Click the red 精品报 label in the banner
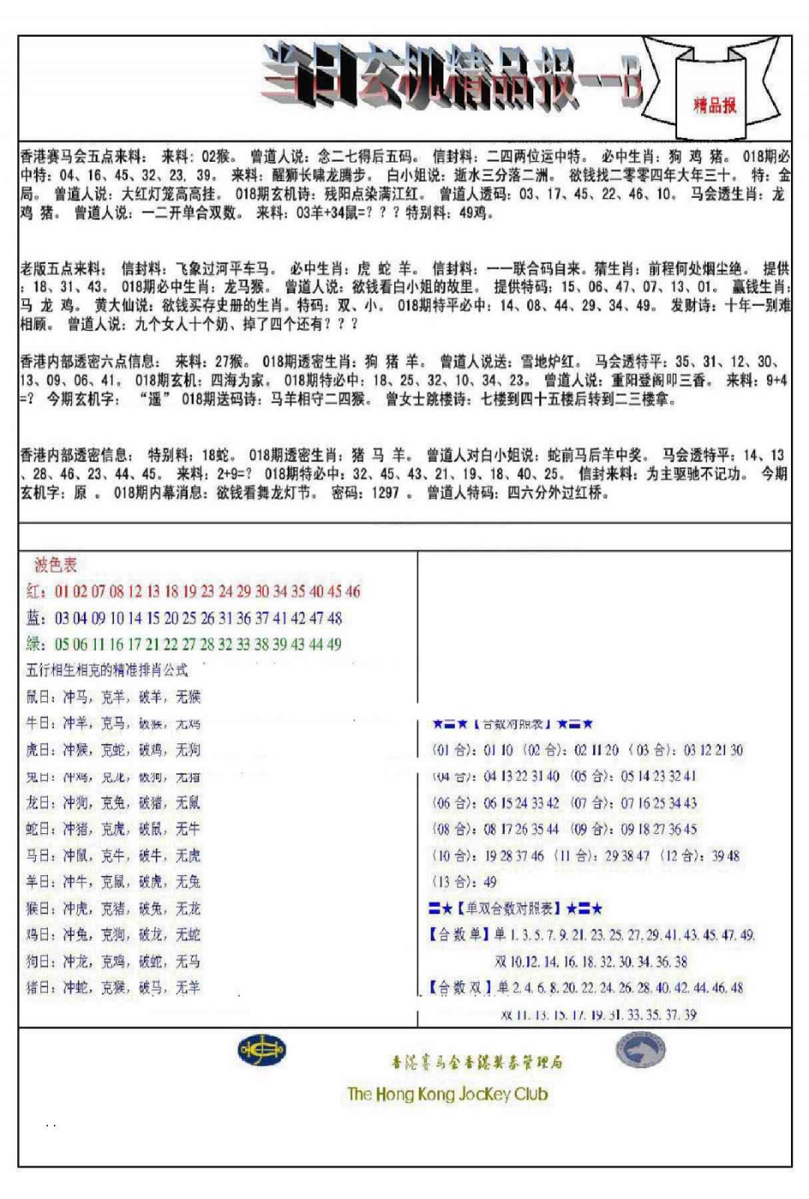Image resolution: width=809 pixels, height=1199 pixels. click(715, 105)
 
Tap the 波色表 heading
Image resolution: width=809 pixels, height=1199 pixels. click(55, 565)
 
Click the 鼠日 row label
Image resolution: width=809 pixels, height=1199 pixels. click(40, 697)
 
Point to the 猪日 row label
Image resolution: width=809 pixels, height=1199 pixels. click(40, 988)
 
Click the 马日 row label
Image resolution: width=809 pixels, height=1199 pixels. click(40, 856)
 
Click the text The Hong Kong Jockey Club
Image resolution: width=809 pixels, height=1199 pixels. click(447, 1094)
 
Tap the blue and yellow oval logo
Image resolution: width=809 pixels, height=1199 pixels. click(261, 1050)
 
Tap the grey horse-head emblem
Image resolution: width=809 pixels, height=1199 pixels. click(640, 1049)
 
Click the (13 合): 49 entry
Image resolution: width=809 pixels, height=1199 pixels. click(464, 882)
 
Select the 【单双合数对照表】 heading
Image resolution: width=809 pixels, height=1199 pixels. click(509, 908)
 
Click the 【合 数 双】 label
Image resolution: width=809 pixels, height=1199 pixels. click(460, 988)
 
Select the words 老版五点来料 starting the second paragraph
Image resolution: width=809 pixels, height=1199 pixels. click(62, 268)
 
